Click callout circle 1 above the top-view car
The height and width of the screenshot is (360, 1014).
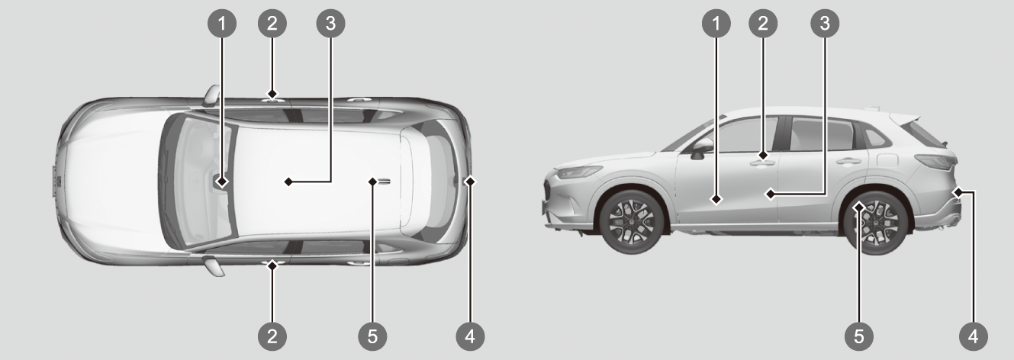click(x=222, y=23)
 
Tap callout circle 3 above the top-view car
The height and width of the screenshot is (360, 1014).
click(x=330, y=23)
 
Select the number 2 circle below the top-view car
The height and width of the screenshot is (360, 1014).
click(x=272, y=336)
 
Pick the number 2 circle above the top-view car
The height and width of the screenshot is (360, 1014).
click(x=272, y=23)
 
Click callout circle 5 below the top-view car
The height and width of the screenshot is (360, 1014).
click(x=372, y=336)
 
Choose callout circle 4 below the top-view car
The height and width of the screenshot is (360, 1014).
click(x=470, y=336)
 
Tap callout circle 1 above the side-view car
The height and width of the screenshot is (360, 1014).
click(x=716, y=23)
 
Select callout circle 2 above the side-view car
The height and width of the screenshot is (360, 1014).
click(x=763, y=23)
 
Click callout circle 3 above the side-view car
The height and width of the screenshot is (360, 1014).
click(x=825, y=23)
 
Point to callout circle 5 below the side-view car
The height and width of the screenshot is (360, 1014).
click(x=859, y=336)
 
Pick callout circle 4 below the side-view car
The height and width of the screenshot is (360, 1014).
click(x=974, y=336)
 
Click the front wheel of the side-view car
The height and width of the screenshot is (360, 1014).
click(x=632, y=222)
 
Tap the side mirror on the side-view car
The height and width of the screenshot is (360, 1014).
click(x=700, y=149)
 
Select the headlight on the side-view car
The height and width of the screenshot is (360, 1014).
click(x=578, y=172)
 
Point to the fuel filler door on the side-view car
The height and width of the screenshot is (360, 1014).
click(x=887, y=160)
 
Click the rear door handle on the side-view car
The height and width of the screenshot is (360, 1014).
click(x=848, y=161)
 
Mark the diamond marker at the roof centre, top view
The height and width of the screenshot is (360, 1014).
click(x=288, y=182)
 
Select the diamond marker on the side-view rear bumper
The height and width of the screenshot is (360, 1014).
click(x=958, y=192)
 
